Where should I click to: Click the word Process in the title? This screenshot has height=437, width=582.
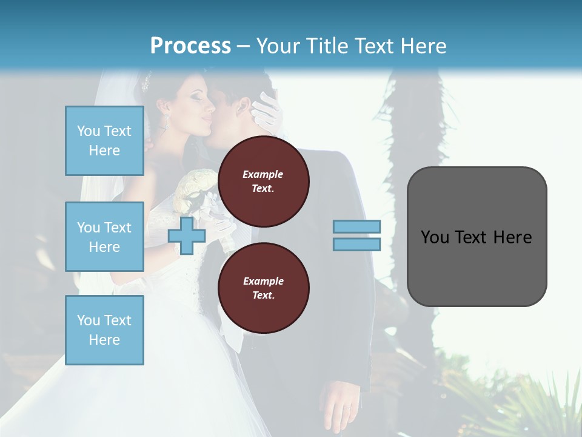click(190, 46)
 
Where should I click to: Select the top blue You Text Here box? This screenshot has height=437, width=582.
click(104, 141)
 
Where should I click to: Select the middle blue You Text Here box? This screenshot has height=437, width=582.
click(104, 237)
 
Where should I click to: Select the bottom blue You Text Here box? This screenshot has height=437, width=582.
click(104, 330)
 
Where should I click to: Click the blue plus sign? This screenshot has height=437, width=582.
click(187, 235)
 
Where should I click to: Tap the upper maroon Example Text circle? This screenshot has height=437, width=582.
click(263, 181)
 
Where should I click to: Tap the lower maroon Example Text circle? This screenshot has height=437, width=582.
click(263, 288)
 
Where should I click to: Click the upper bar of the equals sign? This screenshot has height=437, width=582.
click(356, 227)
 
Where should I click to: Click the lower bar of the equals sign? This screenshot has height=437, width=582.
click(356, 244)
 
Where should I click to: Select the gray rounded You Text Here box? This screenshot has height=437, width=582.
click(477, 237)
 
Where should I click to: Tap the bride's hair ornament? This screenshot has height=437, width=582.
click(146, 81)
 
